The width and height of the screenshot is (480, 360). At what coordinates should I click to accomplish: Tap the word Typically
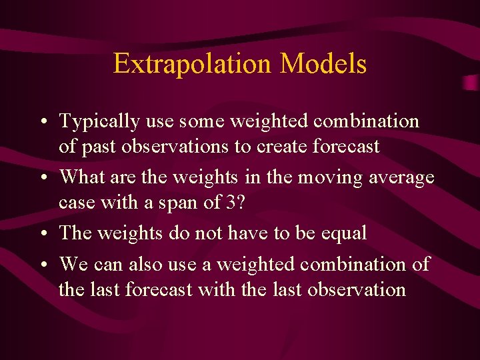[x=99, y=121]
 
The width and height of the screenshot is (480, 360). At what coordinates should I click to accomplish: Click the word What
[x=81, y=177]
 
